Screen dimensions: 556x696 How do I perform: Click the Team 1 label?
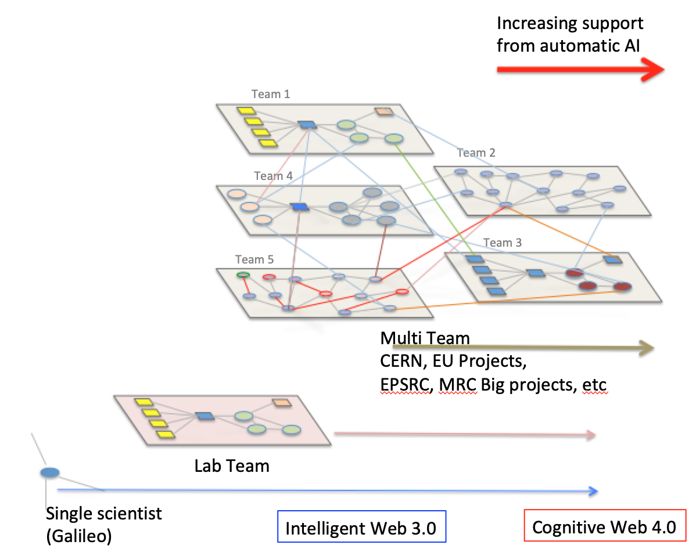point(270,94)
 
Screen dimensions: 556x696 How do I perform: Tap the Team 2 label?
point(476,153)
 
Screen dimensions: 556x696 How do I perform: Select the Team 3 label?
point(501,243)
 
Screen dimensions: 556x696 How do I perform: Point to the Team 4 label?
point(273,176)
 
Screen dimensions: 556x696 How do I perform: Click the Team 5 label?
point(254,259)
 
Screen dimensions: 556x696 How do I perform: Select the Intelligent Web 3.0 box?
point(361,529)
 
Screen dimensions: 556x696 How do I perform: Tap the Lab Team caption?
point(232,465)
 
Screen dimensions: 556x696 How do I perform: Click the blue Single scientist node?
point(49,472)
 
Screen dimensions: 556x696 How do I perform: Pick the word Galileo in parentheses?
point(79,537)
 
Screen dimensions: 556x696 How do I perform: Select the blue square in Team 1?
point(306,124)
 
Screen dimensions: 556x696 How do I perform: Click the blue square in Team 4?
point(299,207)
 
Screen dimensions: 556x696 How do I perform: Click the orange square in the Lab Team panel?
point(282,403)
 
